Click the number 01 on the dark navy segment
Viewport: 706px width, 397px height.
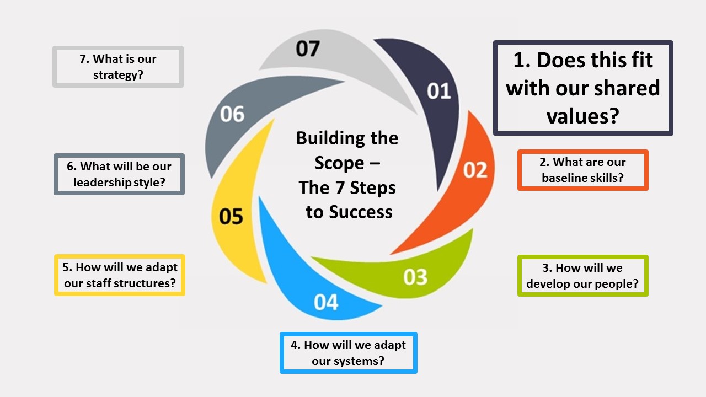[x=439, y=91]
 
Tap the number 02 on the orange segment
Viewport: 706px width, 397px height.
[x=475, y=170]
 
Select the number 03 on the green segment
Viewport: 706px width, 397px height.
[x=415, y=277]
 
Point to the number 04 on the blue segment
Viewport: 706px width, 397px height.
[x=326, y=302]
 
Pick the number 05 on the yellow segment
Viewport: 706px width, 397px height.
[x=231, y=216]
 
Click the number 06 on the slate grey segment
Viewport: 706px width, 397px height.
[x=232, y=114]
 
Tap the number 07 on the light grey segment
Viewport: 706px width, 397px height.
[x=307, y=49]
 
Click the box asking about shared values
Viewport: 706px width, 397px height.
[x=583, y=88]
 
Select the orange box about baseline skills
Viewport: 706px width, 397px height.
[x=583, y=170]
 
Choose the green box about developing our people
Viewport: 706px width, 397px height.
[x=582, y=276]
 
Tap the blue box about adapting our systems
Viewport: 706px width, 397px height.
[x=348, y=353]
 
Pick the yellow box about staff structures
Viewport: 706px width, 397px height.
[x=120, y=275]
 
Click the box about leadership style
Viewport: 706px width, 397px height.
[x=119, y=174]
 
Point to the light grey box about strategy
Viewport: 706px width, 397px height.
[x=118, y=67]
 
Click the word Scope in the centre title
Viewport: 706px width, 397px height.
[x=340, y=163]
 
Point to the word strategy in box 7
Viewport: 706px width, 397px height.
[x=118, y=74]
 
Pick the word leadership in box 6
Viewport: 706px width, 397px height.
[x=102, y=182]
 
